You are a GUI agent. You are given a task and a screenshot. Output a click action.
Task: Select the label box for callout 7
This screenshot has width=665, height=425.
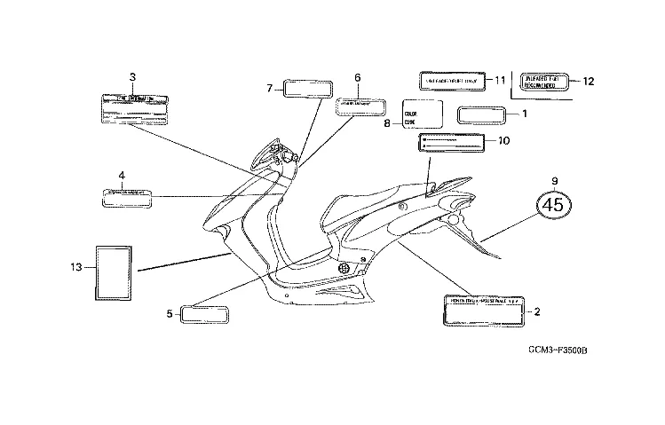point(307,88)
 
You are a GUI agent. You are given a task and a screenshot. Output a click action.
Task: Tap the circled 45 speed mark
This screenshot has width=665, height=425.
point(554,205)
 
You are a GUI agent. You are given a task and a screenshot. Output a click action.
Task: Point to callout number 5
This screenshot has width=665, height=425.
point(169,312)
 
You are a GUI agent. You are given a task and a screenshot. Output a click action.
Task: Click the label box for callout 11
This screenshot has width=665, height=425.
point(453,81)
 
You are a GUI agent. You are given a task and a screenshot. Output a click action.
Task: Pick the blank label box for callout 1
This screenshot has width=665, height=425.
point(480,115)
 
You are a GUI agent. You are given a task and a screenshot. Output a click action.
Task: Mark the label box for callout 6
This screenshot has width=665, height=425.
point(360,107)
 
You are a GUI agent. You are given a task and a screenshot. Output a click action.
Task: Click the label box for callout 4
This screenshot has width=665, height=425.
point(127,196)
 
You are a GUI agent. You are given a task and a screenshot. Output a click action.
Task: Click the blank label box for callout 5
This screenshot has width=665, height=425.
point(205,313)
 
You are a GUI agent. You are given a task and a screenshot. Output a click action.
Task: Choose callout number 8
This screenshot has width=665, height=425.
point(387,124)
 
